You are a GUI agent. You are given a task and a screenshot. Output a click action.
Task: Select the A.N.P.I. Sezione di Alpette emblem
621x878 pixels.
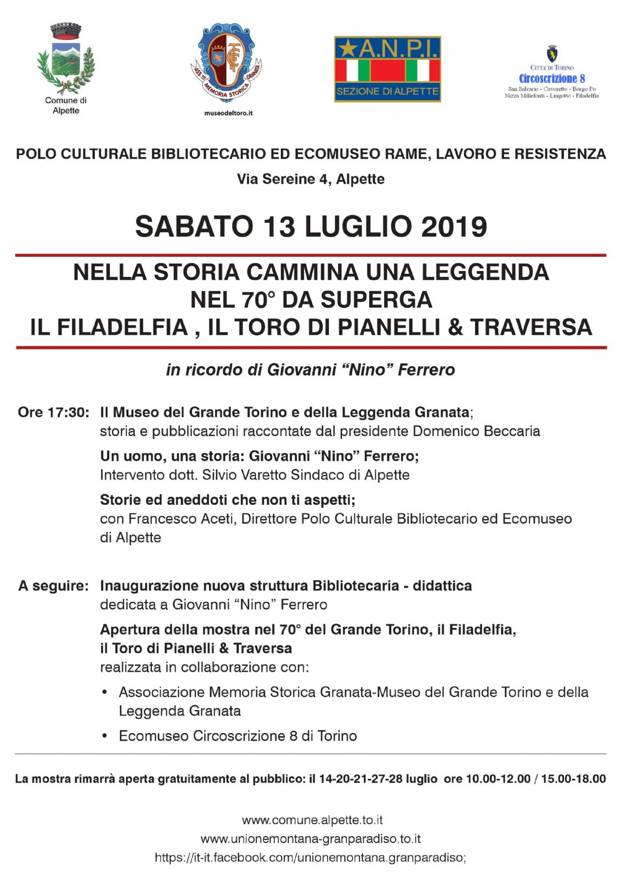pyautogui.click(x=387, y=69)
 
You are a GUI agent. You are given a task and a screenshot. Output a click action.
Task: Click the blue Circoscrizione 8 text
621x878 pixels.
pyautogui.click(x=552, y=78)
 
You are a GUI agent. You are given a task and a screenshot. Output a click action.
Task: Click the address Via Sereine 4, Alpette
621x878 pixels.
pyautogui.click(x=310, y=179)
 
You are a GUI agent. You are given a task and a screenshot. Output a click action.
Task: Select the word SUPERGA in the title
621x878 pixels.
pyautogui.click(x=376, y=300)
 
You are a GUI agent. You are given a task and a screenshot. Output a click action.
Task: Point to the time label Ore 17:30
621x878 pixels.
pyautogui.click(x=53, y=412)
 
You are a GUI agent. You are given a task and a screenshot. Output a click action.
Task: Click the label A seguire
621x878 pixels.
pyautogui.click(x=53, y=586)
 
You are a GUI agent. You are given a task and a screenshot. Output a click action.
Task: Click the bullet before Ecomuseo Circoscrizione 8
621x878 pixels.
pyautogui.click(x=105, y=736)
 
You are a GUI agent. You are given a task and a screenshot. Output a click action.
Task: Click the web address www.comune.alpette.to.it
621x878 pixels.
pyautogui.click(x=312, y=820)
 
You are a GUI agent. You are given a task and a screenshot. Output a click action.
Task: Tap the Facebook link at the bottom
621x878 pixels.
pyautogui.click(x=310, y=857)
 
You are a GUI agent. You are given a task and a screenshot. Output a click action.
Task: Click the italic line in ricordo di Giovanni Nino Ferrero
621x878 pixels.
pyautogui.click(x=310, y=370)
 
